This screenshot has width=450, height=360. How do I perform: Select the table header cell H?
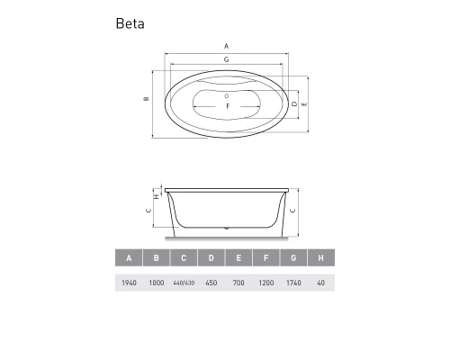coord(320,259)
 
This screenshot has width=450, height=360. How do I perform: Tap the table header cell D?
coord(211,259)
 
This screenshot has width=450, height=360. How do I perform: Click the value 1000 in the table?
coord(157,283)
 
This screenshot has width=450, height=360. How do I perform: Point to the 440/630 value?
coord(184,283)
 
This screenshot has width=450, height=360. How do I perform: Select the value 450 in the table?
coord(211,283)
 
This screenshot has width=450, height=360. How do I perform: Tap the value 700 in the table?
coord(238,283)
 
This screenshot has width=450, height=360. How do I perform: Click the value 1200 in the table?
coord(265,283)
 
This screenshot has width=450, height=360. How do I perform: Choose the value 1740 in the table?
coord(293,283)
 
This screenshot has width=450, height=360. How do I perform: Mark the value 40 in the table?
coord(320,283)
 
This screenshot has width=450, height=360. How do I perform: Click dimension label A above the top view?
coord(226,45)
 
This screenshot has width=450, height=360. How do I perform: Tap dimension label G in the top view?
coord(226,58)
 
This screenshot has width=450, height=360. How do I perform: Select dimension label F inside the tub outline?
coord(227,107)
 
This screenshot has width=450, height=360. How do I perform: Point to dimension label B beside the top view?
coord(145,99)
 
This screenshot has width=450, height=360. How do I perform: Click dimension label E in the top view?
coord(306,104)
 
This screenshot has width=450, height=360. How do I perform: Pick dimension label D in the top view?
coord(295,104)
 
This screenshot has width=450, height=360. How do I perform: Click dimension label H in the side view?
coord(156,195)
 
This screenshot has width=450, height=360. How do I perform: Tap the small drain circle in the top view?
coord(227,95)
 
